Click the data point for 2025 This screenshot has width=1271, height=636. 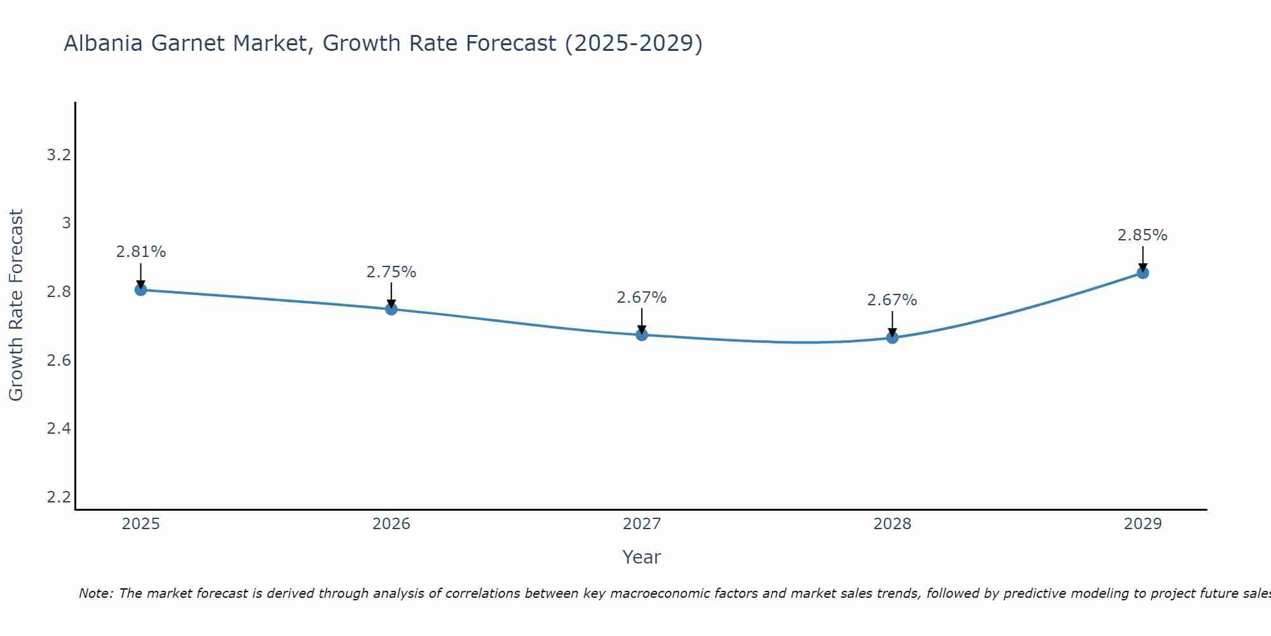(x=141, y=290)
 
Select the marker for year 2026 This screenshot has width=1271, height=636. (x=391, y=309)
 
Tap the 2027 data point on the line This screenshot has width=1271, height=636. (x=642, y=335)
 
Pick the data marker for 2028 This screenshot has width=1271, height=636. (x=892, y=338)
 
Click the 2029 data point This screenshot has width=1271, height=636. (x=1143, y=273)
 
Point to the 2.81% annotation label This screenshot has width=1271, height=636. (x=141, y=252)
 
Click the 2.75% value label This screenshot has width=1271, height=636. (x=391, y=272)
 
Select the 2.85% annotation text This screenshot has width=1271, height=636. (x=1143, y=235)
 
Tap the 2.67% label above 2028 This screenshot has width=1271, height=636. (x=892, y=300)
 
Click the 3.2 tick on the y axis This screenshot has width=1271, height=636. (x=58, y=155)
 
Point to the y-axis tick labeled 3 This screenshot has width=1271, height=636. (x=66, y=223)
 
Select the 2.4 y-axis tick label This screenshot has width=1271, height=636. (x=58, y=429)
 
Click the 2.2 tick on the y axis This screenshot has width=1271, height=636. (x=58, y=497)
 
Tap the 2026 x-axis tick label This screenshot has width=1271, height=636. (x=391, y=524)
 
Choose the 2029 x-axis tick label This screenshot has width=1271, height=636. (x=1143, y=524)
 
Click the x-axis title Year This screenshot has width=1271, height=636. (x=642, y=557)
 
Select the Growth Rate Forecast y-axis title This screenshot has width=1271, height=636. (x=17, y=305)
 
